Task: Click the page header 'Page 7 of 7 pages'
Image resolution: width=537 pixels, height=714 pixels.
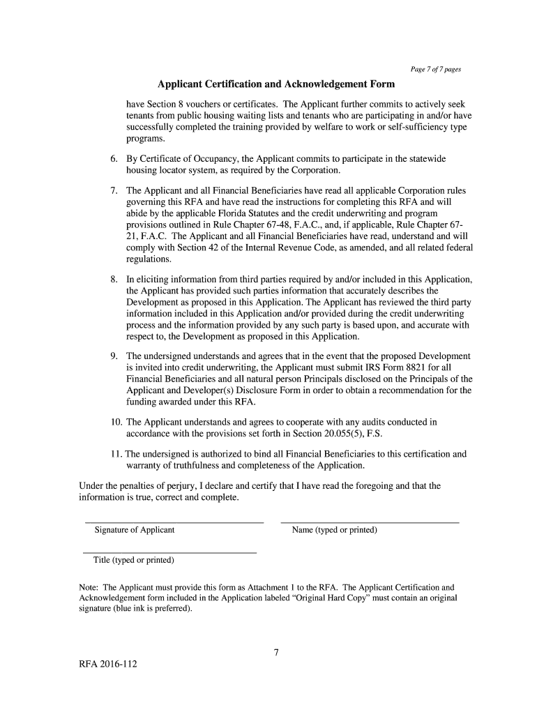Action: [434, 70]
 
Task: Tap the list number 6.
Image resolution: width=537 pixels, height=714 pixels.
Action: [113, 159]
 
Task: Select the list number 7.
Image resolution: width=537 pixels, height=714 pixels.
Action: [113, 190]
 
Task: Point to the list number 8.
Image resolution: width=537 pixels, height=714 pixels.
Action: [113, 280]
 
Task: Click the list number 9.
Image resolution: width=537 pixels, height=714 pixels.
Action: [113, 356]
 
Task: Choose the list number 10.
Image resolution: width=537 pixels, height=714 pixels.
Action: [114, 422]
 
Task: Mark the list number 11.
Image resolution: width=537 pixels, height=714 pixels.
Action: [115, 454]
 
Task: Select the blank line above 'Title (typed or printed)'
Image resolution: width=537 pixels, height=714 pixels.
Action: [170, 553]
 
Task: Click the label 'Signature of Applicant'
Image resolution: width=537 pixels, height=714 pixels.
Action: [135, 531]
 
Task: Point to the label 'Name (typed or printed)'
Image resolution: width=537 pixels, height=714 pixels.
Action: [334, 531]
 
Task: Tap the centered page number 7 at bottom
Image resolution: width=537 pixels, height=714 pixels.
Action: [276, 653]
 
